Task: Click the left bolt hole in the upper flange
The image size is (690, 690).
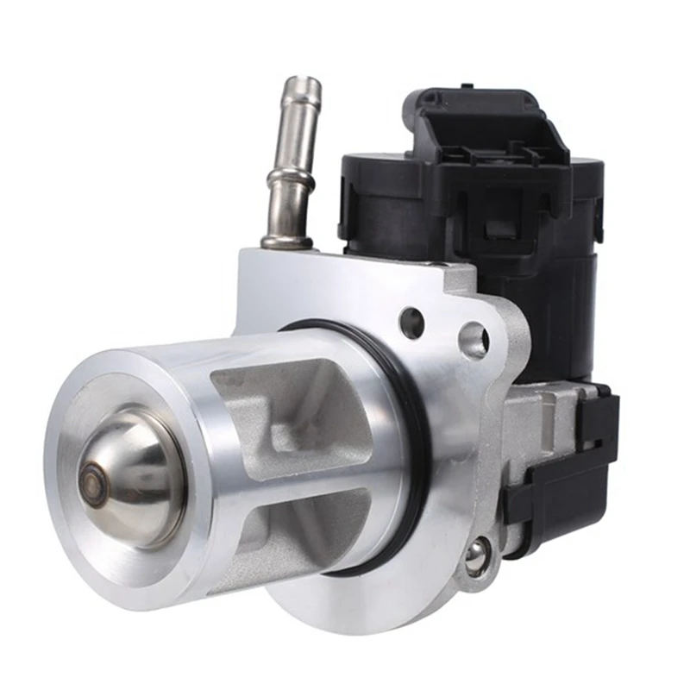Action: [412, 322]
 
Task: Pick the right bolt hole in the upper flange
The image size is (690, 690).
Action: [473, 339]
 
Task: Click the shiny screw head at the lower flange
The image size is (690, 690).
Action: [475, 556]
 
